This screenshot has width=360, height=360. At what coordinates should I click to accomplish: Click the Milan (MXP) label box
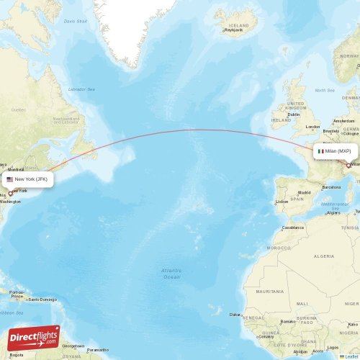tap(335, 152)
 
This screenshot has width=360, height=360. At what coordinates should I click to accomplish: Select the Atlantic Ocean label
tap(171, 273)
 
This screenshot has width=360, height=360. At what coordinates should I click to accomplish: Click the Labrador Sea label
tap(81, 89)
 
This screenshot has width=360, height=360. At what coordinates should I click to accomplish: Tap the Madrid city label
tap(305, 193)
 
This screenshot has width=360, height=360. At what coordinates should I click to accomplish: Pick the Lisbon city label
tap(282, 202)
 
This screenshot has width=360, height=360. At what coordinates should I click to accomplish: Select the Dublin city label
tap(293, 114)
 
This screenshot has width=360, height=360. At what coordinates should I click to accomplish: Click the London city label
tap(312, 127)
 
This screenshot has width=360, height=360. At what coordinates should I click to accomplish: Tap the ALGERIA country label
tap(324, 256)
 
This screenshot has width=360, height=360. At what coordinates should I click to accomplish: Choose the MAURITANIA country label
tap(269, 291)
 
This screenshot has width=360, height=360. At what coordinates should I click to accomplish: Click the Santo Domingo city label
tap(42, 299)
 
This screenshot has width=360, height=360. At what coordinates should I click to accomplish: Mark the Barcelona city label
tap(332, 186)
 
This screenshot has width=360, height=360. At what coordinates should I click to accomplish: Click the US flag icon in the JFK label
tap(10, 179)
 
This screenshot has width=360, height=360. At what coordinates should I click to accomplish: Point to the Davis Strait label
tap(75, 21)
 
